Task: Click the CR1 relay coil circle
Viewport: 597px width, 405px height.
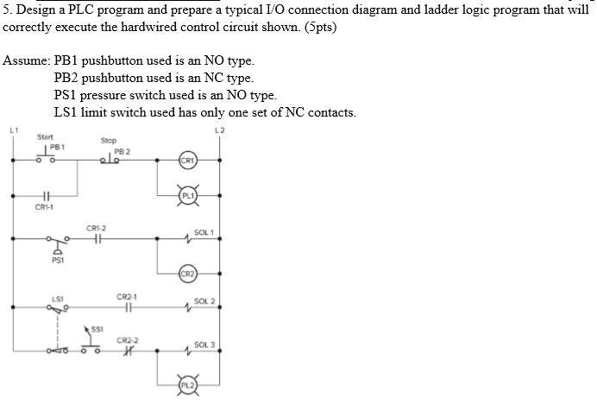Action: [188, 161]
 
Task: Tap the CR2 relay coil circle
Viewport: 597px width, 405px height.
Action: [188, 275]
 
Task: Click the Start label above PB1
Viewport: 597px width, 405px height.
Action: [45, 136]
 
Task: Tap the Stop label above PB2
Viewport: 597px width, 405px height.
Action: [109, 140]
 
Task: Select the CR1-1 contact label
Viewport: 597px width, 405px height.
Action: [44, 207]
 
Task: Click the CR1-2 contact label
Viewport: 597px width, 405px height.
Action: [97, 228]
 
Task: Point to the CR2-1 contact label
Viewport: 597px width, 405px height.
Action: [127, 296]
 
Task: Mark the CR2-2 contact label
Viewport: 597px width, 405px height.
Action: [128, 339]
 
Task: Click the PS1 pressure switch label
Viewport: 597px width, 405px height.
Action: [57, 259]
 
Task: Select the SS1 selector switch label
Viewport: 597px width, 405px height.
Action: [97, 330]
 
